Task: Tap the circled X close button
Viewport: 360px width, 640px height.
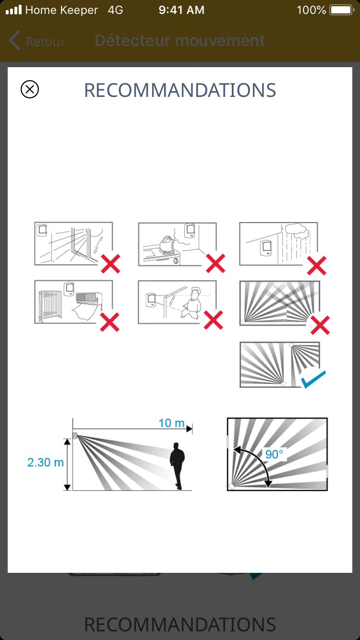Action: pos(30,89)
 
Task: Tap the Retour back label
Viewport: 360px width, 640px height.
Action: pos(46,42)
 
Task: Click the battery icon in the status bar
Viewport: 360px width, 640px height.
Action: pos(342,10)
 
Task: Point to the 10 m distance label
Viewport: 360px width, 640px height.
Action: pos(171,423)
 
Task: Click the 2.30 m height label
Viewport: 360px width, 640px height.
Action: pos(46,462)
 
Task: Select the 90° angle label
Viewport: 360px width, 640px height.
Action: pos(274,454)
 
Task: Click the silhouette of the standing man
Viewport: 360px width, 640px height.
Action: pos(177,466)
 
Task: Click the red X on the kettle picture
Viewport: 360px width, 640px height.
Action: pos(216,263)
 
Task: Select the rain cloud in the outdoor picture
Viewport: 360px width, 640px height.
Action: pos(297,231)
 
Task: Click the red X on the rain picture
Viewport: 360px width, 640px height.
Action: pos(316,265)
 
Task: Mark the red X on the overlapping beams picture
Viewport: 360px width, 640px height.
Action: pos(320,325)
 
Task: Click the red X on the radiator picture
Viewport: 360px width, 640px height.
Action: pos(109,322)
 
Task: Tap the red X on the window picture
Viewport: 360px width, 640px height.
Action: pos(110,264)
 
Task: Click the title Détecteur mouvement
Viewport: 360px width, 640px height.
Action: pos(180,40)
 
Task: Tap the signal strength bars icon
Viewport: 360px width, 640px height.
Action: pos(14,10)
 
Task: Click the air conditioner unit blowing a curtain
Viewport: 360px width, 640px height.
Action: pos(88,298)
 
